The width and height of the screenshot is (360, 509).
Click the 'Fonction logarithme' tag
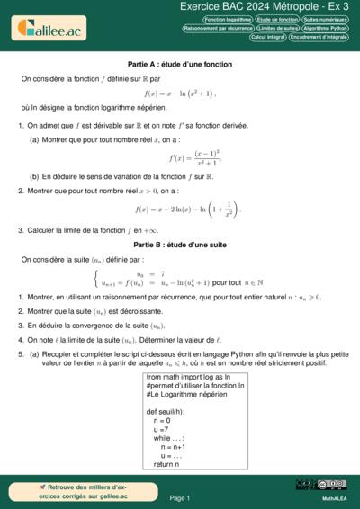[x=229, y=19]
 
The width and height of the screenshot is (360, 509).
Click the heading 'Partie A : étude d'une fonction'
[x=179, y=66]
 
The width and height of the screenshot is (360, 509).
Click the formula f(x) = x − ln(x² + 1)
[x=179, y=93]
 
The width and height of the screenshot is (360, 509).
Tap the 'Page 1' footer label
[x=179, y=496]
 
